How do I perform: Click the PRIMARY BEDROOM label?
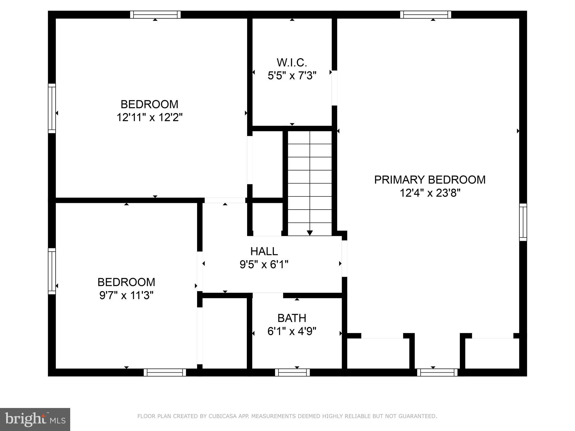click(430, 180)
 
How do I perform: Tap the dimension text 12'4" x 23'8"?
click(430, 193)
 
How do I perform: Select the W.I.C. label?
click(292, 63)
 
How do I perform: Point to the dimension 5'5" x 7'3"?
click(292, 76)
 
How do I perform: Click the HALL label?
click(264, 251)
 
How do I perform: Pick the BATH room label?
click(292, 318)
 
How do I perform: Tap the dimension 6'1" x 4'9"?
click(292, 331)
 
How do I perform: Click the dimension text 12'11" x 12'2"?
click(149, 117)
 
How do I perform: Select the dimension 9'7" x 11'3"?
click(126, 295)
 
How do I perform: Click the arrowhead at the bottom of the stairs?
click(310, 233)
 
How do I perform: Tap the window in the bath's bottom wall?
click(292, 372)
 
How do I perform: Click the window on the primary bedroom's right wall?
click(523, 222)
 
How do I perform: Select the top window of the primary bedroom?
click(425, 15)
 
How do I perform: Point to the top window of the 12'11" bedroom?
click(155, 15)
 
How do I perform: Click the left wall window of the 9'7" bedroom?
click(52, 271)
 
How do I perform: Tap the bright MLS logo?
click(35, 419)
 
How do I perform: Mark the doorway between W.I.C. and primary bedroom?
click(334, 88)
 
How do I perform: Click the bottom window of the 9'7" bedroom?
click(165, 372)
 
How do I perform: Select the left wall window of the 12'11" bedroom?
click(52, 108)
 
